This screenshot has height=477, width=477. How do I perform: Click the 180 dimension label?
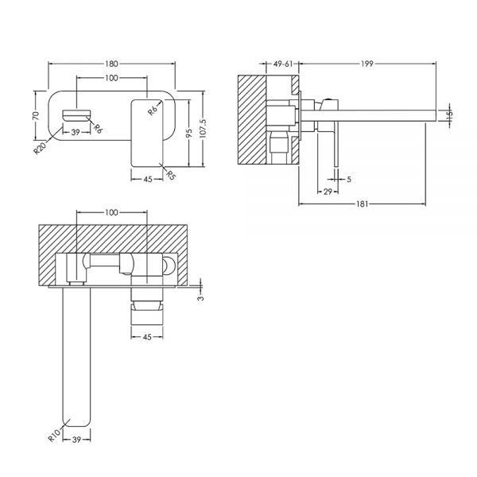111,64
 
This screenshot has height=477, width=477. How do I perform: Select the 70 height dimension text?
36,115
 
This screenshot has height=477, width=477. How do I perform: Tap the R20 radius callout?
40,148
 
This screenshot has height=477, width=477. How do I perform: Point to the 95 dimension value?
189,133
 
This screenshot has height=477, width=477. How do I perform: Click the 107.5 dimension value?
204,129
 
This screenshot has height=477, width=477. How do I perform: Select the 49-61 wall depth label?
283,64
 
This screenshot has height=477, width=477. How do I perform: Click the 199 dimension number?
367,64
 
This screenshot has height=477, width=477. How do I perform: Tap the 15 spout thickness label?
450,114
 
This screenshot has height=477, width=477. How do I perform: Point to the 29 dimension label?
328,192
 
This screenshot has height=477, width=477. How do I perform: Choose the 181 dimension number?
362,204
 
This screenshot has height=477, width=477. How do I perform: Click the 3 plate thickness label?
200,298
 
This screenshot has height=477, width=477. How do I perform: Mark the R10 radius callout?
54,436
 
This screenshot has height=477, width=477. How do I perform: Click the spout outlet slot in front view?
76,114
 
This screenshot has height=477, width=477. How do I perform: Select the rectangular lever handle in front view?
147,133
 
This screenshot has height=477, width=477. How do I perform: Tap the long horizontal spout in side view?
369,116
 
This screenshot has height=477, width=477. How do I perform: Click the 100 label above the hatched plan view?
111,212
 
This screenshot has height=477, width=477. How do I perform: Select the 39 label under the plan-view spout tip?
76,440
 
